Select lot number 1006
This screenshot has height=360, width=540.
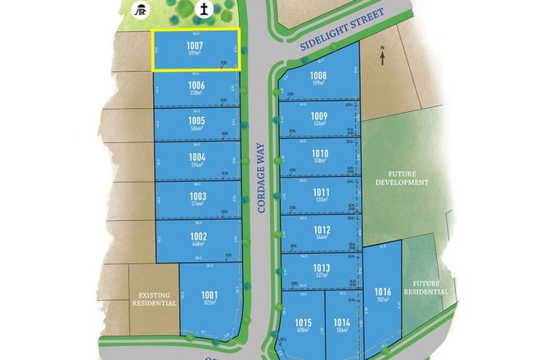(196, 88)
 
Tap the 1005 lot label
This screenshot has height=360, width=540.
(196, 124)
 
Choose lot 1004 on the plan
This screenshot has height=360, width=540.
(196, 160)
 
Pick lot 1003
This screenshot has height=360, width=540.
(196, 199)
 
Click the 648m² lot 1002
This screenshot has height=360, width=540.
(198, 240)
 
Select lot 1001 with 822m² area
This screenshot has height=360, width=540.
(210, 298)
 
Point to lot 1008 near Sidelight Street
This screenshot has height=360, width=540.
(319, 79)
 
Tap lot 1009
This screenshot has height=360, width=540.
(319, 119)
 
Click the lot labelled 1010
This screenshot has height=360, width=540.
(319, 156)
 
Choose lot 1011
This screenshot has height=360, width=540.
(320, 194)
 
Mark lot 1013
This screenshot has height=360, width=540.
(321, 271)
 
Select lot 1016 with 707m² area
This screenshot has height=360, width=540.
(382, 293)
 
